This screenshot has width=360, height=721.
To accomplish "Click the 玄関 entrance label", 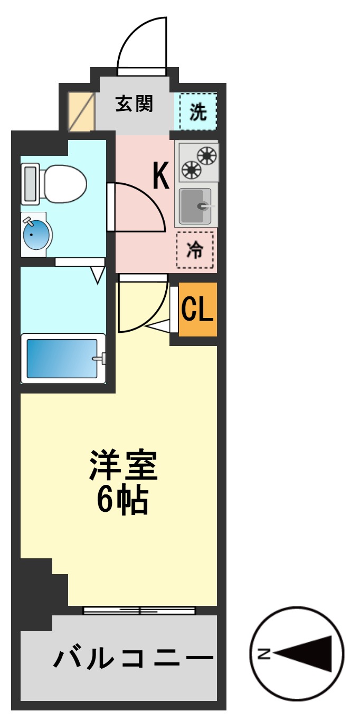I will pyautogui.click(x=134, y=104).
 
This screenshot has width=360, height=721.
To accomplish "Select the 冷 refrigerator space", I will pyautogui.click(x=195, y=250).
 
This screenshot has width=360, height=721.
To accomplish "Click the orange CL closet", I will pyautogui.click(x=197, y=310).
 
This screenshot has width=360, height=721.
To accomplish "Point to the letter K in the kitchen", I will pyautogui.click(x=161, y=176).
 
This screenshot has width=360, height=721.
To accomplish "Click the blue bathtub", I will pyautogui.click(x=62, y=358).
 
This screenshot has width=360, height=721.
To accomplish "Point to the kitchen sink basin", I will pyautogui.click(x=195, y=206).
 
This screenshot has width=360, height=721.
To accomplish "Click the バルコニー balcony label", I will pyautogui.click(x=134, y=659).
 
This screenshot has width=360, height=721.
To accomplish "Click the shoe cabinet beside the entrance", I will pyautogui.click(x=81, y=112).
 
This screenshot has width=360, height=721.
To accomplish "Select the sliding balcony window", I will pyautogui.click(x=139, y=611).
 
